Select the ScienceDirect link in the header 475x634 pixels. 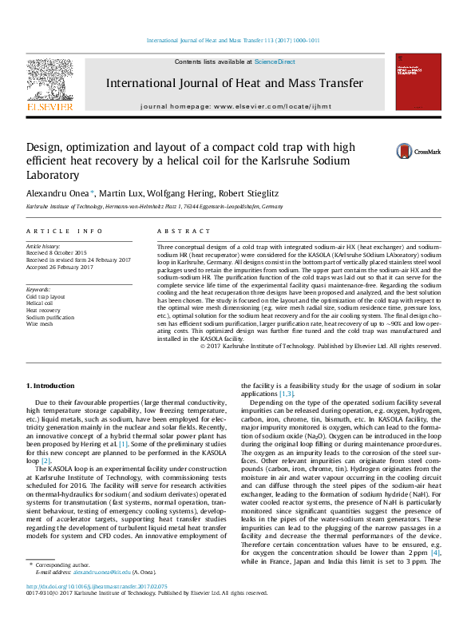tap(275, 61)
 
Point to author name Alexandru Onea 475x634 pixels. tap(60, 194)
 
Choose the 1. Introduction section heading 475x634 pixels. tap(51, 386)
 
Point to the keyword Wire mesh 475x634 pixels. tap(40, 324)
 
